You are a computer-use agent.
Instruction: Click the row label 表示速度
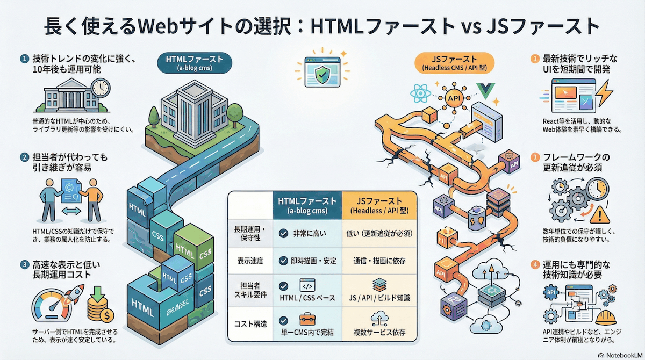tap(250, 261)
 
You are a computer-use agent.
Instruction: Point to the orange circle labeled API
tap(454, 98)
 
